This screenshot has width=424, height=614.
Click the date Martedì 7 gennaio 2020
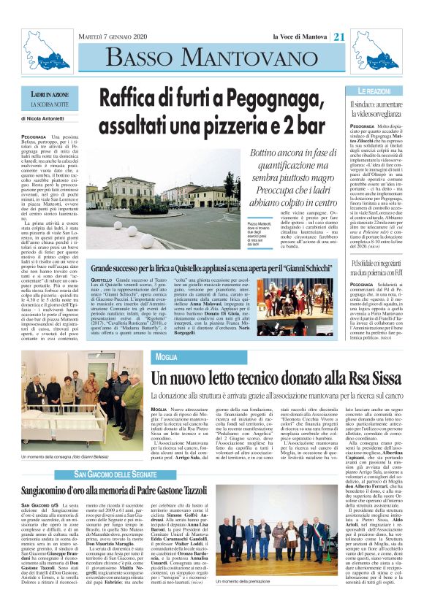tap(113, 37)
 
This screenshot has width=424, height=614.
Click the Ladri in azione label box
tap(50, 95)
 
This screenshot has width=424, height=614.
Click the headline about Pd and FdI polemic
tap(373, 262)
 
